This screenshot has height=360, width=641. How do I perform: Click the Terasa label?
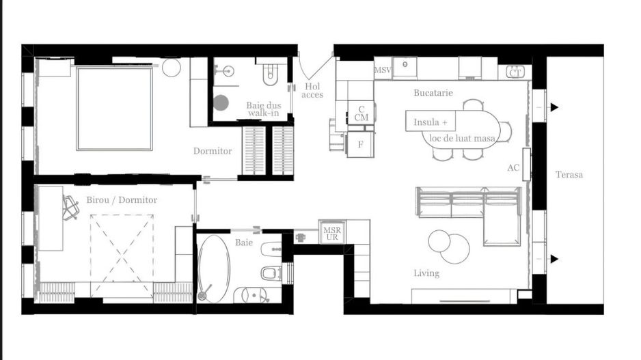tap(569, 175)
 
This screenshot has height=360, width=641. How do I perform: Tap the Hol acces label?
tap(312, 90)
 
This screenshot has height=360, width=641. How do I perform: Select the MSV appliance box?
tap(383, 70)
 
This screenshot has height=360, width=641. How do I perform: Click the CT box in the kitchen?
tap(515, 72)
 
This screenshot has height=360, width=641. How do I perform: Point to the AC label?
tap(513, 167)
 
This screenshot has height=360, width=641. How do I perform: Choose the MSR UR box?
tap(332, 232)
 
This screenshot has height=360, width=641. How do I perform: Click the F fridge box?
tap(360, 144)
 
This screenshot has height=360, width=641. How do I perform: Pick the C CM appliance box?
tap(361, 113)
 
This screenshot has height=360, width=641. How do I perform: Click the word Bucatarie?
tap(433, 92)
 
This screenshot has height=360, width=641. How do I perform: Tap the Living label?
tap(426, 273)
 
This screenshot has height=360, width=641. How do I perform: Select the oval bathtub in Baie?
tap(214, 268)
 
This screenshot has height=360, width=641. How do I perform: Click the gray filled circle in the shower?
tap(221, 102)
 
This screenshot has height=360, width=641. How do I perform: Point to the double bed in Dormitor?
tap(114, 109)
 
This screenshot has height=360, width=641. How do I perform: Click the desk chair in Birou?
tap(70, 207)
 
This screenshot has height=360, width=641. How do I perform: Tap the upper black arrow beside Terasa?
tap(554, 107)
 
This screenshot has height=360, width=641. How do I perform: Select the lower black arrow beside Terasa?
tap(554, 258)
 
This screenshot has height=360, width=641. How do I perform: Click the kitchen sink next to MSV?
tap(409, 66)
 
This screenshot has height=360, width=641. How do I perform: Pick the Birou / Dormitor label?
tap(122, 200)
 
